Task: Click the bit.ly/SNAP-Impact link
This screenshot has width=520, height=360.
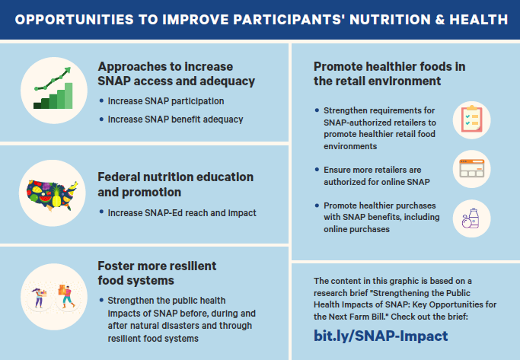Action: coord(381,336)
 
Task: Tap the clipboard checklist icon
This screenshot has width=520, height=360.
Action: coord(471,119)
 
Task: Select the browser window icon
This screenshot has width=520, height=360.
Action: coord(471,168)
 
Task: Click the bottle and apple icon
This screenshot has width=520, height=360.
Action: coord(471,218)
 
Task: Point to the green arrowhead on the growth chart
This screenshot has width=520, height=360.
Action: coord(67,70)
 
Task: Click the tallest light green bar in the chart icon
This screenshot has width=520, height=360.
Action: coord(69,95)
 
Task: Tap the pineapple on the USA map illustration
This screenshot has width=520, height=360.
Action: coord(56,196)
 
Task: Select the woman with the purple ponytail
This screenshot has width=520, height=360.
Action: coord(39,298)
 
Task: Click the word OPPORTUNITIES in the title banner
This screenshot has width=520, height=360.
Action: coord(75,20)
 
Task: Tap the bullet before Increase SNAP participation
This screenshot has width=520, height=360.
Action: coord(101,100)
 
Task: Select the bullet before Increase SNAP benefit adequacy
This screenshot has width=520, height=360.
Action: coord(101,119)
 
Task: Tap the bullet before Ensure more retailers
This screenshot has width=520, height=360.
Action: coord(317,170)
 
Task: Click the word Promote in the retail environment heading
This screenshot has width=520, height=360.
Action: coord(337,67)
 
